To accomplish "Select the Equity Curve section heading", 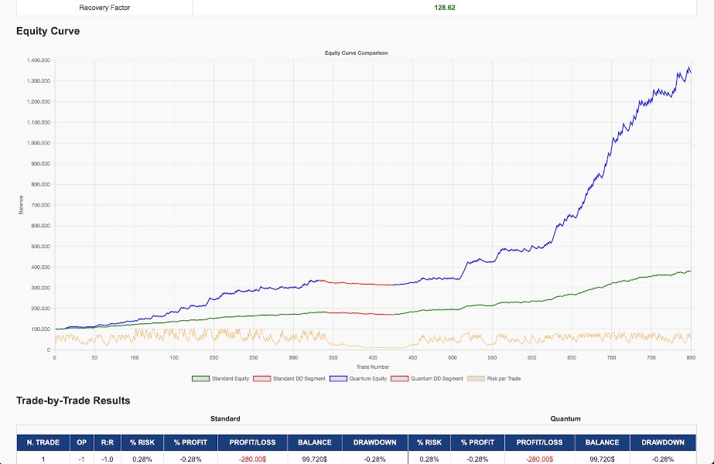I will [48, 32].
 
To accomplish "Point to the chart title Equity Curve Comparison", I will [357, 53].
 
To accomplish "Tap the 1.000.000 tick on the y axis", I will [38, 143].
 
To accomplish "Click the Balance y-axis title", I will [22, 204].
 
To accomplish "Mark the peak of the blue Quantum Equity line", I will [688, 68].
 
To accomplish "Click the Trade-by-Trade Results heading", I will [73, 401].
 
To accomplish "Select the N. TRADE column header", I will [43, 442].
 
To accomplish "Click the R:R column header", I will [106, 442].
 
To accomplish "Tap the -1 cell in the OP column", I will [80, 459].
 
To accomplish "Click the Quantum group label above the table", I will [565, 418].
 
